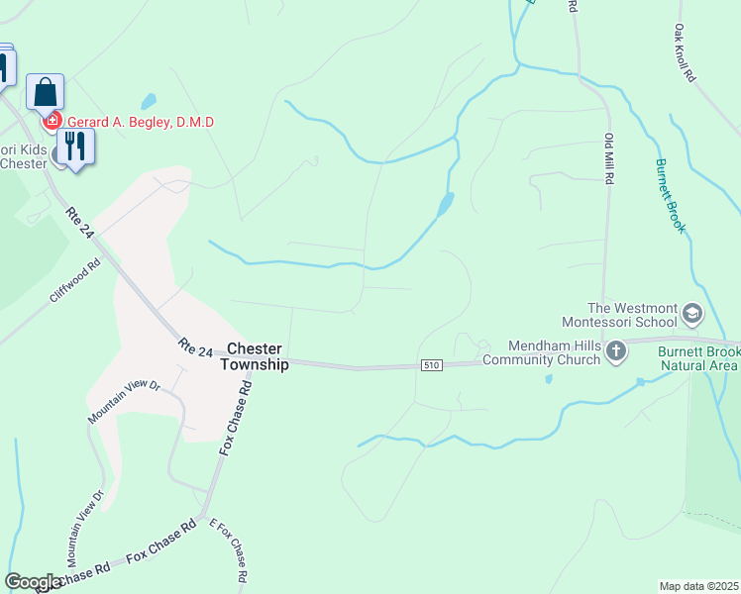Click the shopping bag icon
pos(45,92)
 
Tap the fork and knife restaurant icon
pos(74,146)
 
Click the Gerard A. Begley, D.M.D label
pos(140,122)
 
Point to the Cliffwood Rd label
pos(75,281)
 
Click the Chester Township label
pos(255,356)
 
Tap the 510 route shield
pos(430,365)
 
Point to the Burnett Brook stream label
pos(671,196)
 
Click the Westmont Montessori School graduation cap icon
pos(691,315)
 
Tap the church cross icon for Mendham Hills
pos(615,350)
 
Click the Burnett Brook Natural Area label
pos(688,358)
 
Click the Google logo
pos(34,582)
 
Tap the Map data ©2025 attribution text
pos(698,585)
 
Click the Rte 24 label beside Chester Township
pos(196,349)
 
